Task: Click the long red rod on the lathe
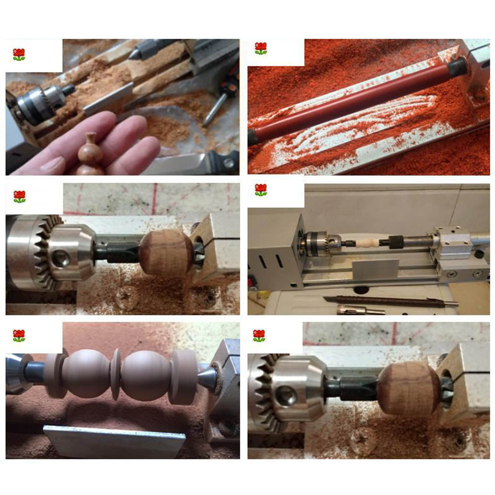[351, 101]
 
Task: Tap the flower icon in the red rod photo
[261, 49]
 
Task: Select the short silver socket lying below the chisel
[360, 310]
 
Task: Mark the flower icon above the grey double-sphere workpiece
[19, 336]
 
